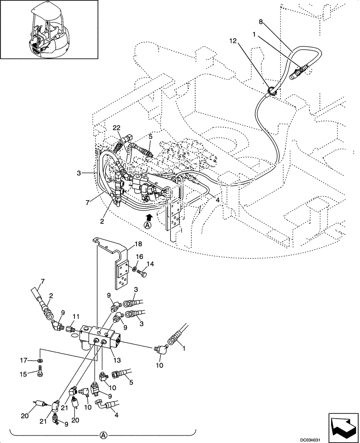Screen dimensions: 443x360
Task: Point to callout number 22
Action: pyautogui.click(x=116, y=128)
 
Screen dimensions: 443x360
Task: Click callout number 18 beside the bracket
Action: pyautogui.click(x=138, y=244)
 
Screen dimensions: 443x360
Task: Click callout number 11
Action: pyautogui.click(x=76, y=317)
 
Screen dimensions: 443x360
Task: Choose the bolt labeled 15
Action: pyautogui.click(x=40, y=373)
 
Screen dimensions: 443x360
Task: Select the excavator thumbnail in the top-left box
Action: pyautogui.click(x=49, y=29)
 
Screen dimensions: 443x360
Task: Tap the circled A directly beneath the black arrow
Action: pyautogui.click(x=147, y=225)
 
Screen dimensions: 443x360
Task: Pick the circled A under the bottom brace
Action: pyautogui.click(x=103, y=436)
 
